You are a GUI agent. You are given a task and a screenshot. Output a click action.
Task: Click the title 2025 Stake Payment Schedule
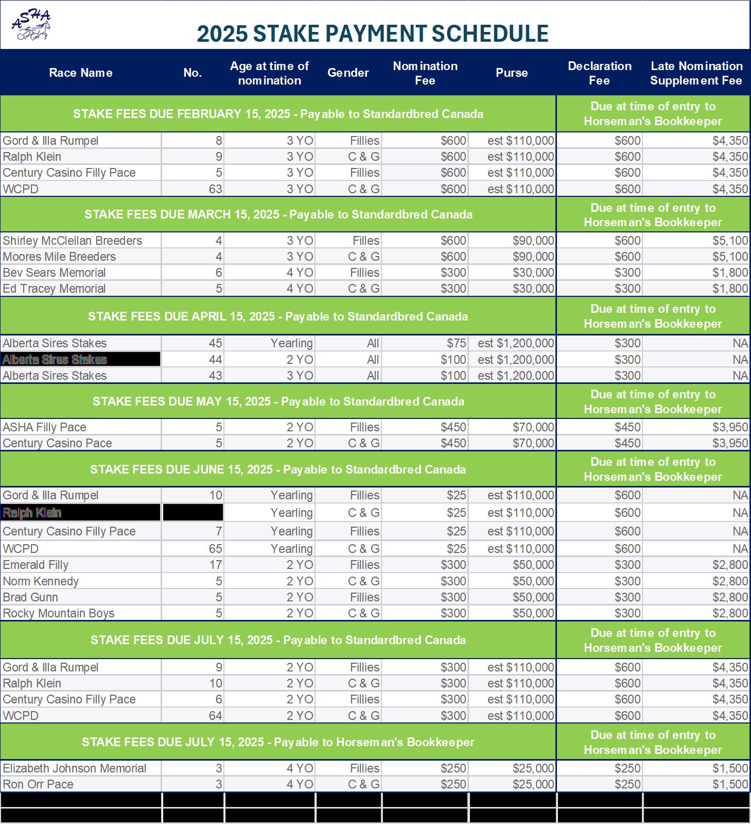pos(372,33)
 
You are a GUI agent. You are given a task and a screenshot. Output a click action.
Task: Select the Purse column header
pos(512,73)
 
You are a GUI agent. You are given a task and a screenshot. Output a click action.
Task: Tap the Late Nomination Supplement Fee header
pos(696,73)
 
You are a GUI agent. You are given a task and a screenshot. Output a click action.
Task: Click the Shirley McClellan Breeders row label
pos(73,241)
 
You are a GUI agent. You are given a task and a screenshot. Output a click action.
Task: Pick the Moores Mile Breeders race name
pos(59,257)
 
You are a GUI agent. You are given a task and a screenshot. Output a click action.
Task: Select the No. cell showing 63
pos(215,189)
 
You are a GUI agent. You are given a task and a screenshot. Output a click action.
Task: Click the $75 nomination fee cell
pos(457,343)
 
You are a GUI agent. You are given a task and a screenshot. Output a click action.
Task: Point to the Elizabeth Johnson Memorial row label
pos(75,768)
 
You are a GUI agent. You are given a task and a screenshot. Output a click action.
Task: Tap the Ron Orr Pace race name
pos(38,784)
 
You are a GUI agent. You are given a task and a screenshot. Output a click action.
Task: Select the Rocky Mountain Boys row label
pos(59,613)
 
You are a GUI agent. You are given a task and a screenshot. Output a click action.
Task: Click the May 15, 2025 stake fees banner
pos(278,401)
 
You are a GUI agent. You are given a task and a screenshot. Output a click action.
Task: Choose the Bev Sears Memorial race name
pos(54,273)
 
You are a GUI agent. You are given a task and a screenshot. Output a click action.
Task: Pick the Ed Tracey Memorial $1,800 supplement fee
pos(730,289)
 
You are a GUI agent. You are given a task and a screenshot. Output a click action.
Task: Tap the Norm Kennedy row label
pos(41,581)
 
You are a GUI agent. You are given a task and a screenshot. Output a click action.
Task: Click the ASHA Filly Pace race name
pos(44,427)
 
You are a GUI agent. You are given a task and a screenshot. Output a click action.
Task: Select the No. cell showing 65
pos(215,549)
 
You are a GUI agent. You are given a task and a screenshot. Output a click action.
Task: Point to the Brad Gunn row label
pos(30,597)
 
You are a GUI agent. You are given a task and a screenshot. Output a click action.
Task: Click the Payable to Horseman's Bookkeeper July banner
pos(278,742)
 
